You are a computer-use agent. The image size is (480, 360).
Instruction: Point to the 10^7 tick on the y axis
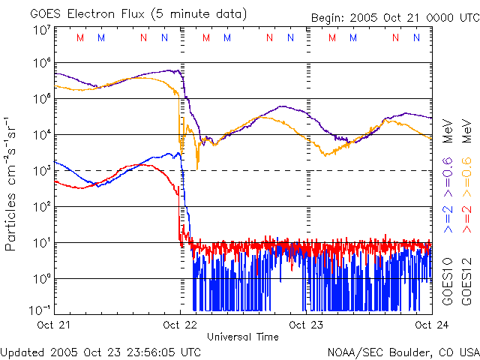point(40,29)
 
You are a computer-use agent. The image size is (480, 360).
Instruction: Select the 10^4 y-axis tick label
point(40,135)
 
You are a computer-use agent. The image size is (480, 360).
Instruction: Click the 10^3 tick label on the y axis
point(40,171)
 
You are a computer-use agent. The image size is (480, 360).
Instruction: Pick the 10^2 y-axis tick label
point(40,207)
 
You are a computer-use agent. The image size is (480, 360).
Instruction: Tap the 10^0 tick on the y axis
point(40,278)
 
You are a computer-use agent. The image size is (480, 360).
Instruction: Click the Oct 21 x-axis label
point(54,325)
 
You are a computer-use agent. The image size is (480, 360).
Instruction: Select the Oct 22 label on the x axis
point(180,325)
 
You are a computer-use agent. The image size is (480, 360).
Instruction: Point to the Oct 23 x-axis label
point(306,325)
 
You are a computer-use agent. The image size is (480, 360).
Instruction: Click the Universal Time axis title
point(242,337)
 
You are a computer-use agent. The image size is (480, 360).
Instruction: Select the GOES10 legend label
point(447,281)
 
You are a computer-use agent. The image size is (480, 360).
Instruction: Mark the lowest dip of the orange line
point(197,169)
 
